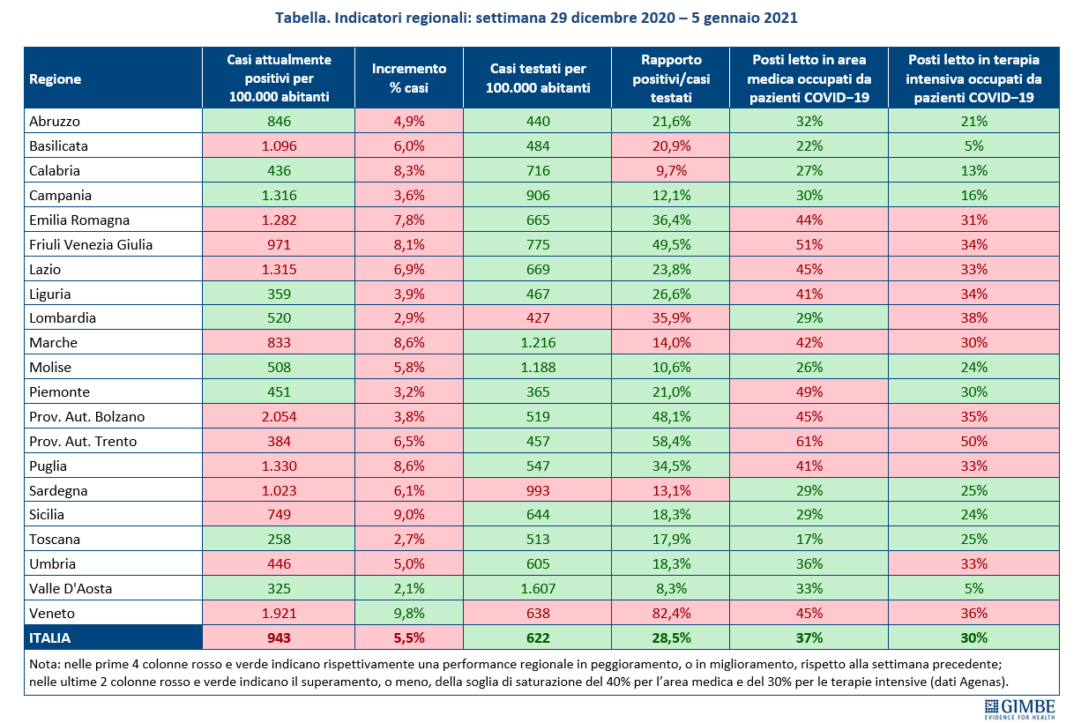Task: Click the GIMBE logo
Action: point(1019,709)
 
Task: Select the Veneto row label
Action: point(52,613)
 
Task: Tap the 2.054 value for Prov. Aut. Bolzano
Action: point(279,416)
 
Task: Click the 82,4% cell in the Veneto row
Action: point(671,613)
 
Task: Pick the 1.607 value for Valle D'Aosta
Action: point(538,588)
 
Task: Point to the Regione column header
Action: point(55,78)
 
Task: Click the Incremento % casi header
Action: point(409,78)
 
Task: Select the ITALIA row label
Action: point(49,637)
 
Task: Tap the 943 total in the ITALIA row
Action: point(279,637)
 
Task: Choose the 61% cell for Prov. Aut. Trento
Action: point(809,441)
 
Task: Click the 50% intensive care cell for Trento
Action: point(973,441)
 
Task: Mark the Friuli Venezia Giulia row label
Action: point(91,245)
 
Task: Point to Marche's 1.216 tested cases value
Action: point(538,343)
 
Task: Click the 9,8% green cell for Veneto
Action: point(409,613)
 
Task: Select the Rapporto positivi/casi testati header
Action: point(671,78)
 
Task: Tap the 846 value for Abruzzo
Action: point(279,121)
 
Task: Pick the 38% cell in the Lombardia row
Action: point(973,318)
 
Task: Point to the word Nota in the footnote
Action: point(43,664)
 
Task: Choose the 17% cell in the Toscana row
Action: point(809,539)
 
